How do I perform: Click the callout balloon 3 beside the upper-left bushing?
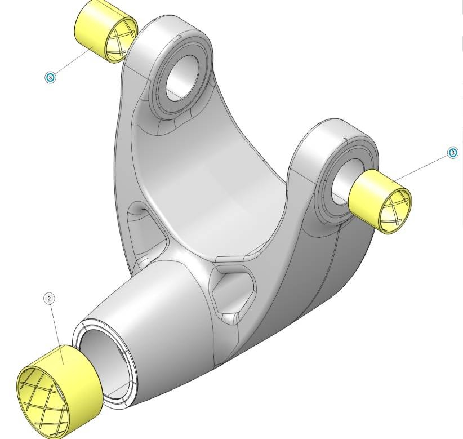coord(51,77)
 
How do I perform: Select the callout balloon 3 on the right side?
coord(452,153)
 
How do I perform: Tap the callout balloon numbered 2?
coord(50,298)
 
